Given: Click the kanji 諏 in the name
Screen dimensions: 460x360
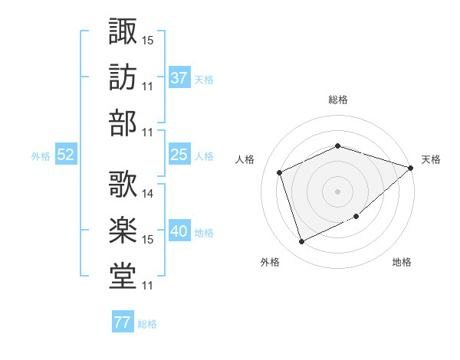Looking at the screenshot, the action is pos(123,31).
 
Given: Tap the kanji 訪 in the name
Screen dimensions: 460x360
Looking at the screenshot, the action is pos(123,77).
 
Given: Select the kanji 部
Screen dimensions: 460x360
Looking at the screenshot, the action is pos(123,123).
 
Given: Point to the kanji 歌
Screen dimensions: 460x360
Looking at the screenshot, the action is pos(123,184).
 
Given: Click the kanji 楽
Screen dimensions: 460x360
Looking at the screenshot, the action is pos(123,230).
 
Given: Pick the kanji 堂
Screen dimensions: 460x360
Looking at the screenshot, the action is pos(123,276).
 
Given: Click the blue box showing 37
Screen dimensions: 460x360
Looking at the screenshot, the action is pos(179,77).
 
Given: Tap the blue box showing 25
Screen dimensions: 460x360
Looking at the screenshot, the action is pos(179,154).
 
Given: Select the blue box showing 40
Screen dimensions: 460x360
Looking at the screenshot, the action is pos(179,230).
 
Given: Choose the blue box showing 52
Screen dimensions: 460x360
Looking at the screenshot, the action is pos(66,154).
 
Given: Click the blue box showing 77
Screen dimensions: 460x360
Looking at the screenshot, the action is pos(123,321).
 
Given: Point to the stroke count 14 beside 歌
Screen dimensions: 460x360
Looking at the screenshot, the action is pos(147,194).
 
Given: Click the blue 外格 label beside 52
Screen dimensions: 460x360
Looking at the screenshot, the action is pos(41,156).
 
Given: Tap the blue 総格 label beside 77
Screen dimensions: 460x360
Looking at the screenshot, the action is pos(147,324).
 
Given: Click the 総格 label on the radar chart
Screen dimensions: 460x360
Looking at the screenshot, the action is pos(338,100).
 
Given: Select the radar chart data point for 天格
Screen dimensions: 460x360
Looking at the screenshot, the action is pos(411,168).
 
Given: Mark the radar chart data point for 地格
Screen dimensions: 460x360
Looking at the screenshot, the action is pos(356,216).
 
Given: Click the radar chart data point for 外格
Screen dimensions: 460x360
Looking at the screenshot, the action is pos(301,242).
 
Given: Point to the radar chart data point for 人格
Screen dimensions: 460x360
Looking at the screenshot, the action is pos(280,172).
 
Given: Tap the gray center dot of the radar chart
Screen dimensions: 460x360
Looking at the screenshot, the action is pos(337,191).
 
